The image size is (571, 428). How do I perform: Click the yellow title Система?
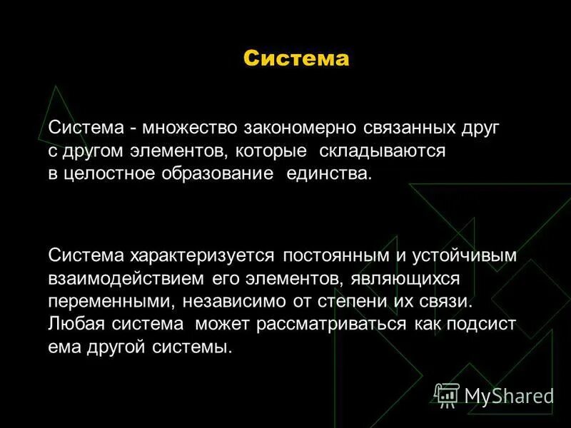pos(296,58)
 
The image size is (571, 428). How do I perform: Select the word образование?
pos(221,174)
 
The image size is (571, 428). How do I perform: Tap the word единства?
pos(329,174)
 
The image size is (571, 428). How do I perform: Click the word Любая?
pos(75,324)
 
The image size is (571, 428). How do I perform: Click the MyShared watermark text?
pos(509,395)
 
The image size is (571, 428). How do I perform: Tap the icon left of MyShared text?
pos(447,394)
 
